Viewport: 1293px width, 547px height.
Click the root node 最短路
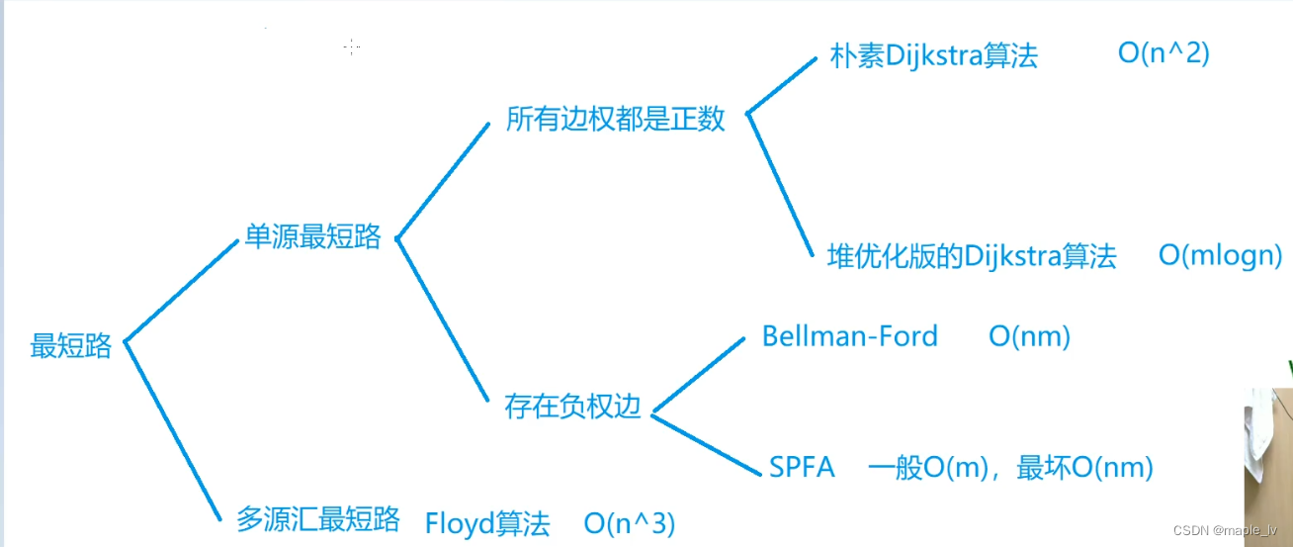click(x=71, y=347)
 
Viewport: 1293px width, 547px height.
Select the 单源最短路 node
click(x=312, y=238)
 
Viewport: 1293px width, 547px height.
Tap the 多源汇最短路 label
click(x=318, y=519)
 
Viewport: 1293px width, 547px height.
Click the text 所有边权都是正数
click(x=616, y=120)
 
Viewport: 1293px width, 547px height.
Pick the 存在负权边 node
click(x=573, y=407)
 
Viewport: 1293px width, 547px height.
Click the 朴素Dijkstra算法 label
click(x=934, y=55)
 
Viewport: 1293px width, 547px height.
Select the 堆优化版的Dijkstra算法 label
click(x=972, y=257)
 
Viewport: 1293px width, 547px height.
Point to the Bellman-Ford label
click(x=849, y=336)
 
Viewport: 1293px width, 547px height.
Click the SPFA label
click(x=802, y=467)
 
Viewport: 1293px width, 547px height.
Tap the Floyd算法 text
click(x=487, y=523)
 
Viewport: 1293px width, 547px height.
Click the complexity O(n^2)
click(x=1164, y=53)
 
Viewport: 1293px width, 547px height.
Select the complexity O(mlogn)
click(x=1220, y=256)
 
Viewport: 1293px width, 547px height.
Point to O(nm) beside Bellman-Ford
click(x=1029, y=336)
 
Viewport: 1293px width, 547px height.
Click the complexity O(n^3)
click(x=630, y=523)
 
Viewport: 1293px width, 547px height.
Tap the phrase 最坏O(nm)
click(x=1084, y=467)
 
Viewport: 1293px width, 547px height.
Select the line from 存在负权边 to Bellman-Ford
click(x=698, y=372)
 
